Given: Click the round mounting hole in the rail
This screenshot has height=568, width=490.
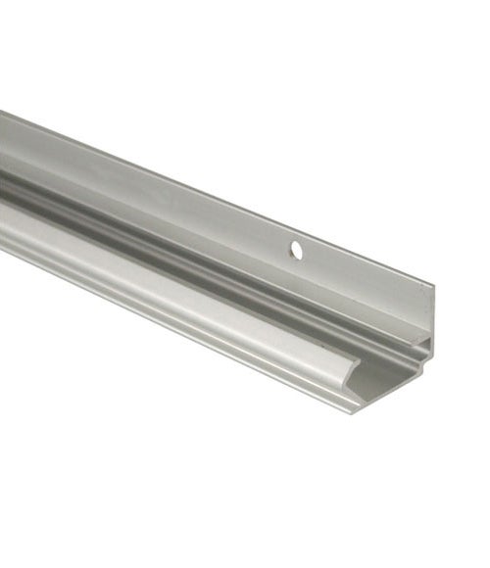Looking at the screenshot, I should coord(296,252).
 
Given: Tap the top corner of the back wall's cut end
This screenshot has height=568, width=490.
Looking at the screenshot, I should coord(432,286).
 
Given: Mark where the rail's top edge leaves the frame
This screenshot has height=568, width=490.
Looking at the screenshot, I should coord(2,112).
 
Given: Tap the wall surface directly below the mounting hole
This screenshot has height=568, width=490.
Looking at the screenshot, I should coord(295,274).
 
